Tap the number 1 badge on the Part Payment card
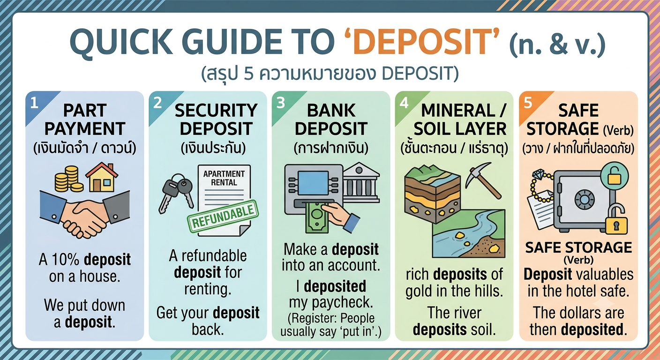pos(34,103)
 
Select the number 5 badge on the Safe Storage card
pos(528,103)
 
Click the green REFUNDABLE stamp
pos(223,216)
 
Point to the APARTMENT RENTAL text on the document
pos(224,178)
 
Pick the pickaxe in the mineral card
pos(483,180)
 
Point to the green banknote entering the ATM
pos(317,217)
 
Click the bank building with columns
pos(361,182)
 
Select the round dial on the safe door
pos(584,199)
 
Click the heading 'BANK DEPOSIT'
pos(331,120)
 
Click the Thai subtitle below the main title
pos(330,73)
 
